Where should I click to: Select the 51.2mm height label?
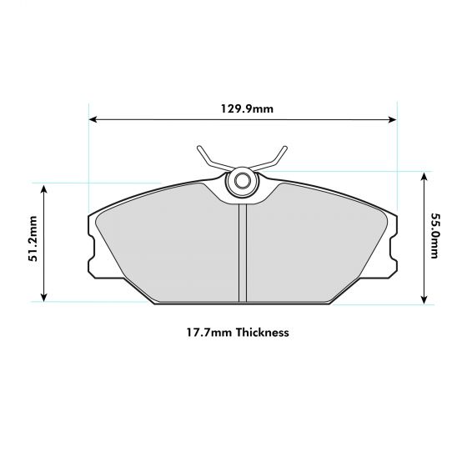coord(33,242)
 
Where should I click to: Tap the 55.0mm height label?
coord(435,236)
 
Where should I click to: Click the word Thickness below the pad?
coord(262,332)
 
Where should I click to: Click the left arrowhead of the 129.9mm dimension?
coord(93,119)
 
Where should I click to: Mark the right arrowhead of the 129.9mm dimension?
coord(393,119)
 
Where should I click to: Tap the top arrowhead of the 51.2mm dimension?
coord(45,188)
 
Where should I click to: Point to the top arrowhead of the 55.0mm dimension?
coord(425,177)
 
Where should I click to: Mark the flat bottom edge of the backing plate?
coord(242,303)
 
